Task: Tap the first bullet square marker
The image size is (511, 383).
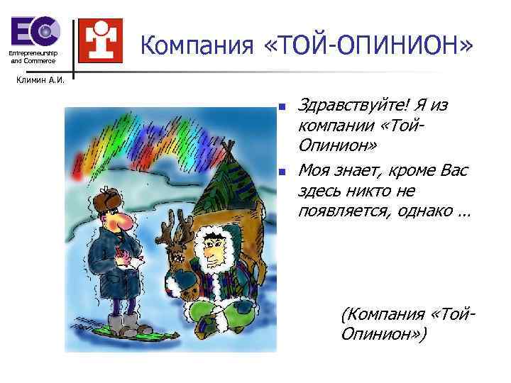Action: (x=281, y=108)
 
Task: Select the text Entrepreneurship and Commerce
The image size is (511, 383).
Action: (x=33, y=57)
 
